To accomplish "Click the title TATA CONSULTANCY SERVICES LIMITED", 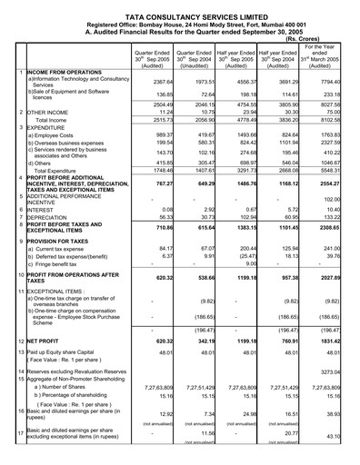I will coord(180,6).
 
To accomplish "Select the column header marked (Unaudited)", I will coord(199,66).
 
